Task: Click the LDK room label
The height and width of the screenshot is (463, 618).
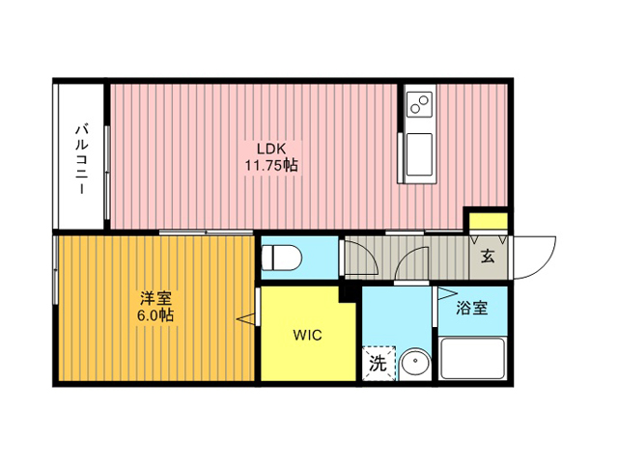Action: (x=271, y=149)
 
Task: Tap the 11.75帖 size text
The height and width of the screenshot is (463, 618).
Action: (x=271, y=165)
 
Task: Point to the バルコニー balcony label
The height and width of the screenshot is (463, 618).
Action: (x=81, y=159)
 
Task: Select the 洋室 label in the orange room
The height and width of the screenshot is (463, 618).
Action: (x=156, y=298)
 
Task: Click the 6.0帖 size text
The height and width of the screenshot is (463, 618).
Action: (x=155, y=315)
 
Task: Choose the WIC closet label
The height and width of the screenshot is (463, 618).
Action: (x=307, y=335)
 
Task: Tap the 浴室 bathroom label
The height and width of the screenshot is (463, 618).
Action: (x=472, y=308)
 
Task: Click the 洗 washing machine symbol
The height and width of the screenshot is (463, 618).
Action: (x=379, y=364)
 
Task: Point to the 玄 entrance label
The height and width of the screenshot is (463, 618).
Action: (x=488, y=257)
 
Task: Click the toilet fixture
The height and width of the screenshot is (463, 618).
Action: (x=282, y=258)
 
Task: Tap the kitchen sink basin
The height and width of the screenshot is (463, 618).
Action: (x=419, y=154)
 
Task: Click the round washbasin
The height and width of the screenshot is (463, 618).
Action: (x=415, y=363)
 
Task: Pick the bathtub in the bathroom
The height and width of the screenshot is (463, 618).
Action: (x=473, y=358)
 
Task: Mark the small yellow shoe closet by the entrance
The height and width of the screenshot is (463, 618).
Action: (x=488, y=221)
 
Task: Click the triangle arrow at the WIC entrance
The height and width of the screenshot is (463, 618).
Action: (x=246, y=318)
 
